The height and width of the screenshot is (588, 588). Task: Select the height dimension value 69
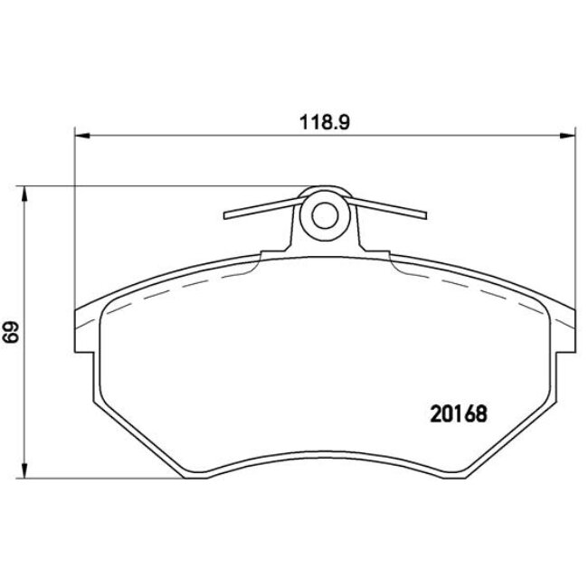(x=12, y=333)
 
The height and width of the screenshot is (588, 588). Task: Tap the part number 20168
(x=456, y=413)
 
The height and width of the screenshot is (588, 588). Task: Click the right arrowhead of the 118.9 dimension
(x=566, y=136)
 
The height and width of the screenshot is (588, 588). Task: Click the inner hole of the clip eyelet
(x=324, y=214)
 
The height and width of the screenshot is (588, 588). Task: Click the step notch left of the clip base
(x=263, y=254)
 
